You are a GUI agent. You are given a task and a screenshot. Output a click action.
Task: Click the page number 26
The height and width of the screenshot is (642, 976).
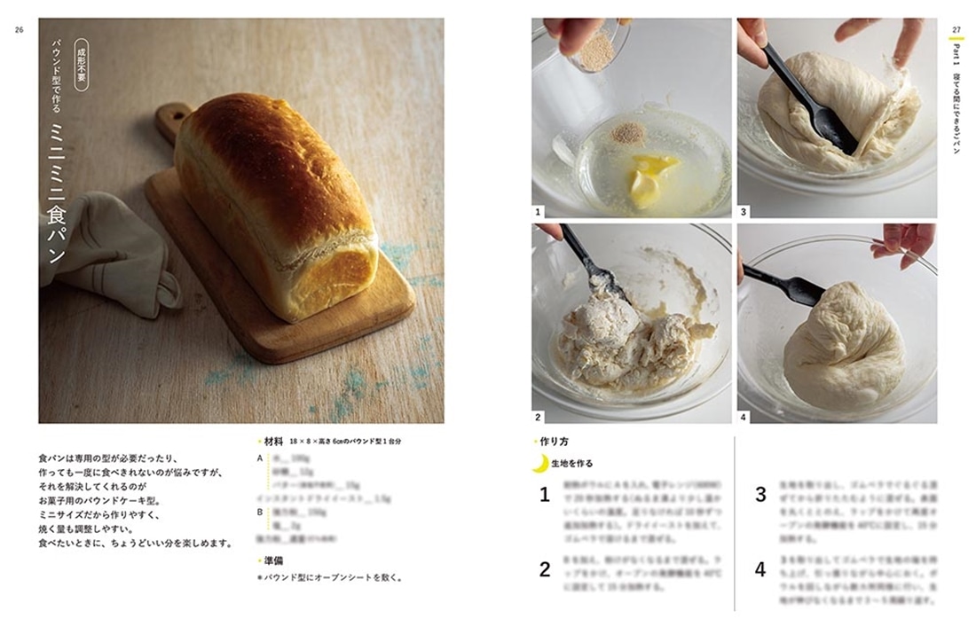click(19, 29)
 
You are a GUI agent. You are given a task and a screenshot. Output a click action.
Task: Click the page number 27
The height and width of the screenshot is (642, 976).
click(956, 29)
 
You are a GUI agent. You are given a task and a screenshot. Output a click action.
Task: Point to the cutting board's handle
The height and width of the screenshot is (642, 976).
click(174, 122)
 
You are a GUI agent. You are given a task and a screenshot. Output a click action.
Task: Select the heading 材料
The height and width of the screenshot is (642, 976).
click(272, 441)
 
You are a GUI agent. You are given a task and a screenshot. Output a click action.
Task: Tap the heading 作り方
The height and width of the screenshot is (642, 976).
click(554, 441)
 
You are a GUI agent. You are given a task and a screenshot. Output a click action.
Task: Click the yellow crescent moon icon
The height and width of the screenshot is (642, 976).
click(539, 462)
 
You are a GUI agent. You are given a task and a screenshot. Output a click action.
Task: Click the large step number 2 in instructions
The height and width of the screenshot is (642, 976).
click(545, 569)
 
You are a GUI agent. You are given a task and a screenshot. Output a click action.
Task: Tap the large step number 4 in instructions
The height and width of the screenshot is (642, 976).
click(760, 569)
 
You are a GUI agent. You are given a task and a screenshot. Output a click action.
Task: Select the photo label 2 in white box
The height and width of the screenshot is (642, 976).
click(538, 416)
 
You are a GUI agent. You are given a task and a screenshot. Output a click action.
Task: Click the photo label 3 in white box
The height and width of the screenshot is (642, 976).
click(744, 212)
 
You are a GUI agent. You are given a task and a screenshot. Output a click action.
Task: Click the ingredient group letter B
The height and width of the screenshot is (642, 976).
click(260, 512)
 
